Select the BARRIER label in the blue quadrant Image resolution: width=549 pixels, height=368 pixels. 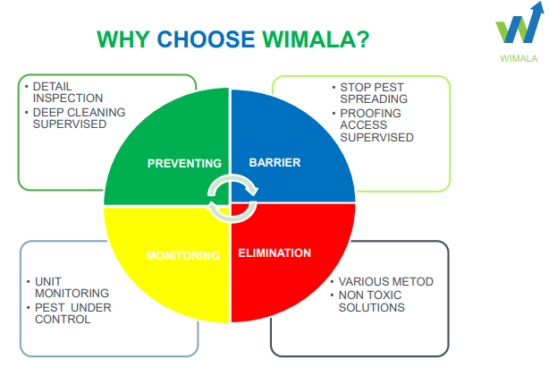click(274, 163)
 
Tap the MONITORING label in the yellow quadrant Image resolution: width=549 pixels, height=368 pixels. click(182, 255)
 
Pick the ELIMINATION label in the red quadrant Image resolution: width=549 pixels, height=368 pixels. click(274, 253)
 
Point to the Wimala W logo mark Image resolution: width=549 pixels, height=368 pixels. click(519, 27)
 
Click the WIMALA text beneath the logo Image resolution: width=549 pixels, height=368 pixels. click(519, 59)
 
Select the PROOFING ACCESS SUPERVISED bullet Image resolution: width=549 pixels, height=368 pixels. click(376, 125)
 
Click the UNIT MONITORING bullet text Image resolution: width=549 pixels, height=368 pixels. click(71, 287)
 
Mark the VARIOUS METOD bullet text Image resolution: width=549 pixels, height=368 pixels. click(385, 281)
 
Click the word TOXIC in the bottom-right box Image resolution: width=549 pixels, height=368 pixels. click(388, 295)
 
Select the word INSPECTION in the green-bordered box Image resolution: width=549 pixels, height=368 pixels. click(68, 98)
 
